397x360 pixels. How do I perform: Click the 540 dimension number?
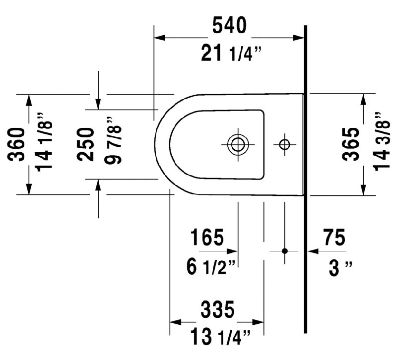(x=229, y=25)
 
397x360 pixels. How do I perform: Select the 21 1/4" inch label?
(x=231, y=53)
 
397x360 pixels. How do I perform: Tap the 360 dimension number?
(x=16, y=144)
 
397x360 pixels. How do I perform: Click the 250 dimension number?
(x=85, y=144)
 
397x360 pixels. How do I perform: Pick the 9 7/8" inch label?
(x=113, y=141)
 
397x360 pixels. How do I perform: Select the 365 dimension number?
(x=351, y=144)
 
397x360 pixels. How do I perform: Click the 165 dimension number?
(x=207, y=238)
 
